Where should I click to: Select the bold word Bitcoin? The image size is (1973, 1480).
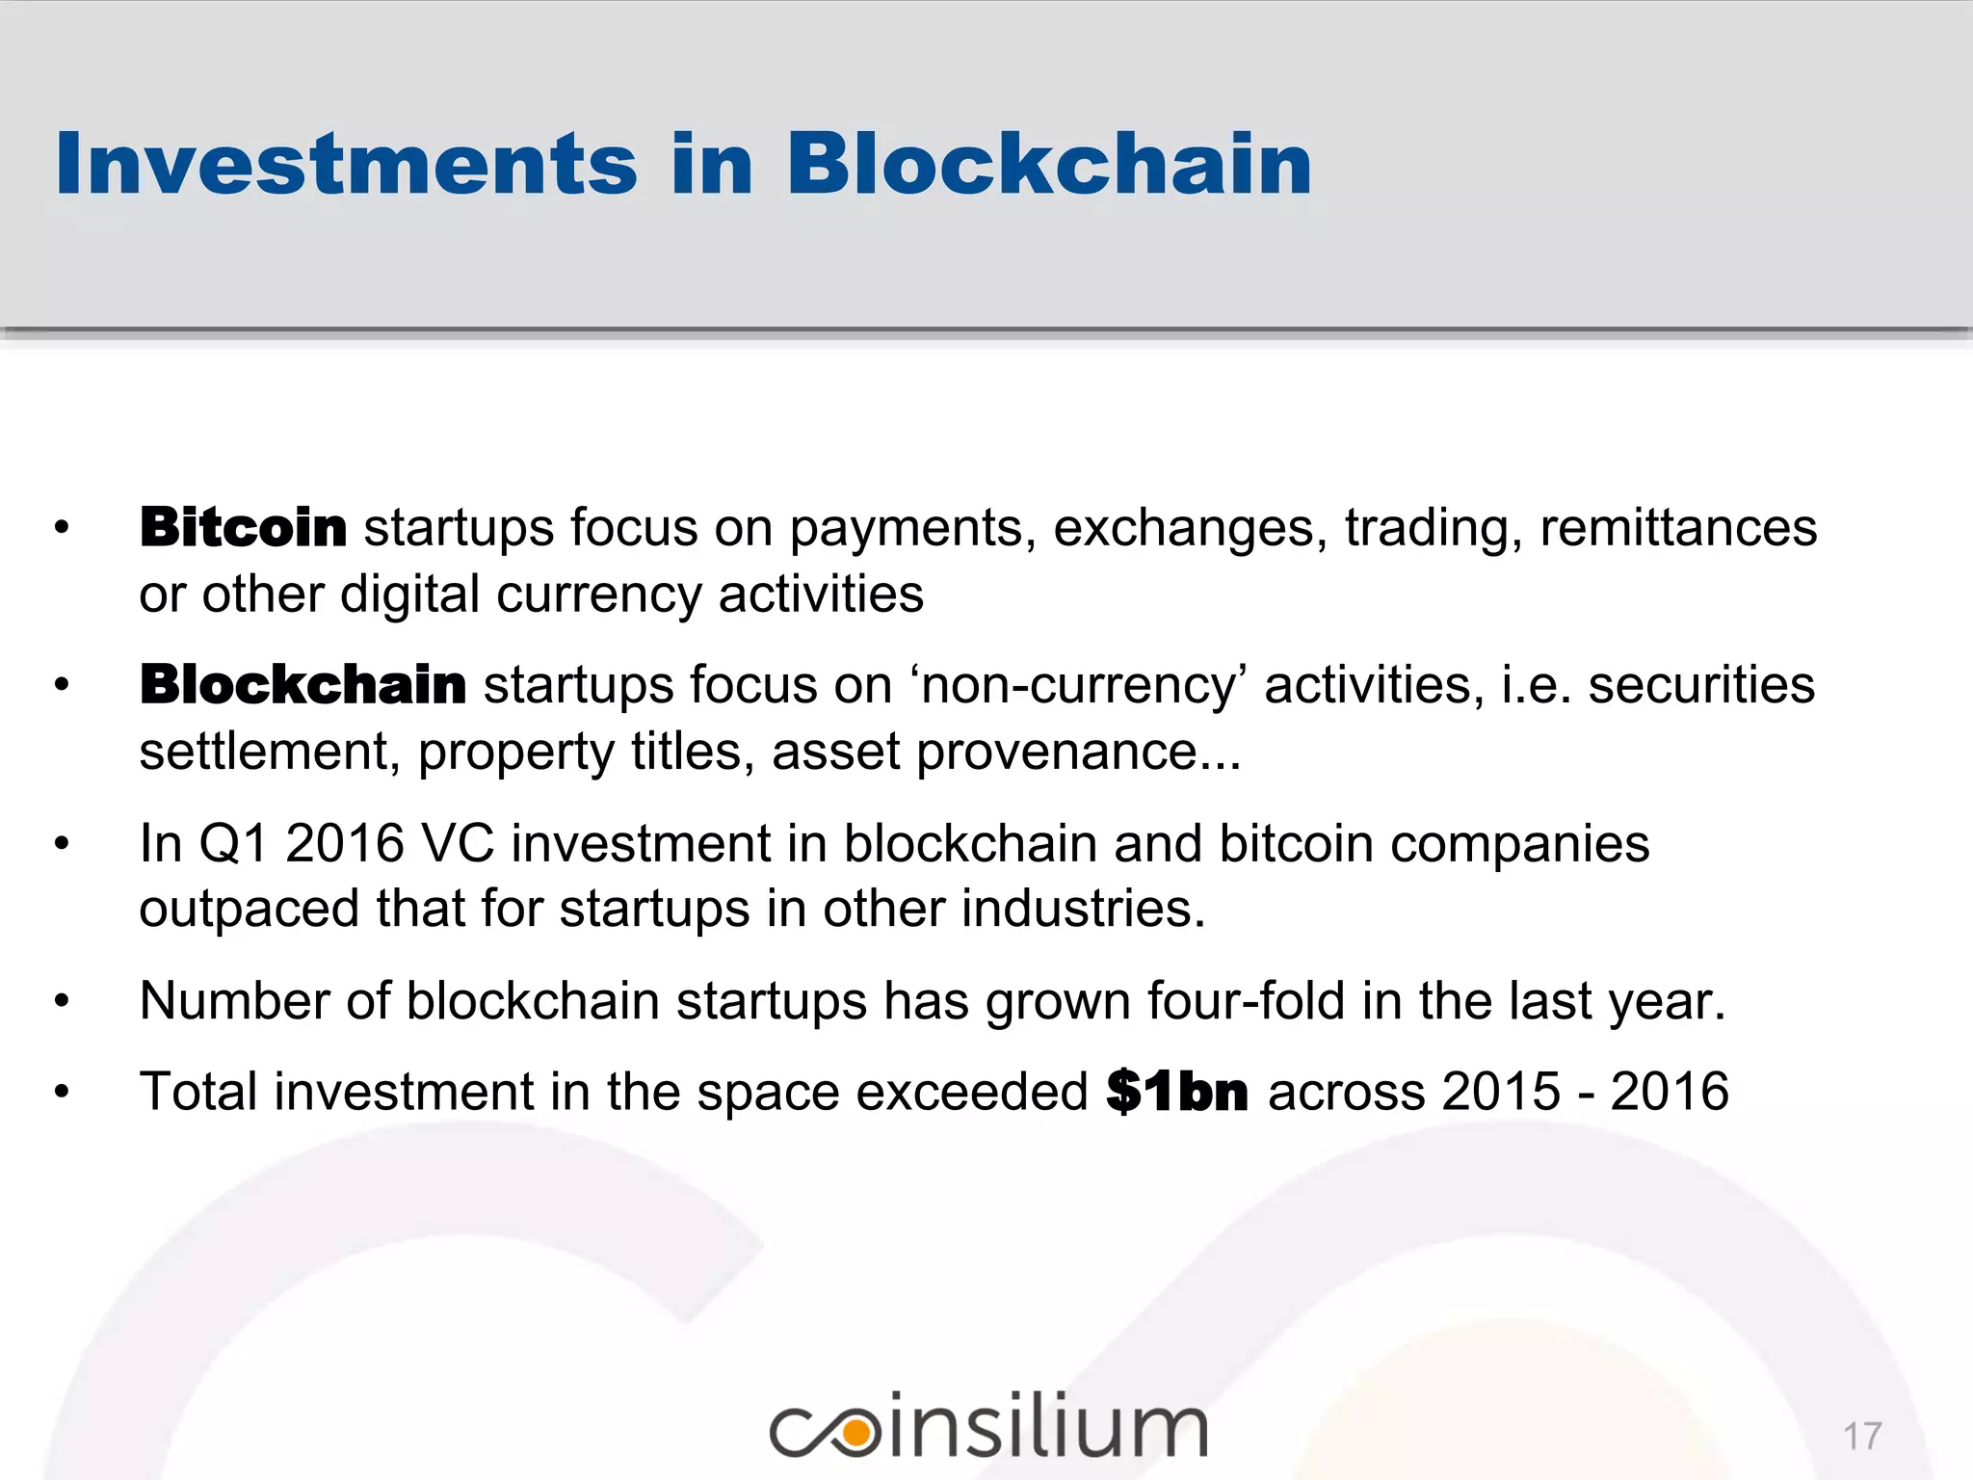[243, 528]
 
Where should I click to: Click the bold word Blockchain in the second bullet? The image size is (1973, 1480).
[303, 685]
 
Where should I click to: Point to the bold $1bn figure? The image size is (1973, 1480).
[1177, 1092]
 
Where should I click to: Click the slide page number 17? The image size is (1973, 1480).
[1862, 1437]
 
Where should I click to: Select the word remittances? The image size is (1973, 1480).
[1678, 528]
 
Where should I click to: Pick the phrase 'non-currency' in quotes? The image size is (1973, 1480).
[1077, 685]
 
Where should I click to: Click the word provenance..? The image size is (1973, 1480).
[1077, 752]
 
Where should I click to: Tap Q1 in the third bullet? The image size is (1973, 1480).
[232, 843]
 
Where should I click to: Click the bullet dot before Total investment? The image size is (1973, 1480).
[63, 1093]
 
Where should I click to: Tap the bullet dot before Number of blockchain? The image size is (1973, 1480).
[63, 1002]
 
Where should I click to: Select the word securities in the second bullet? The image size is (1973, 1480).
[1701, 685]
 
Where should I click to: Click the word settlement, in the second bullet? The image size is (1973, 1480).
[269, 752]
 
